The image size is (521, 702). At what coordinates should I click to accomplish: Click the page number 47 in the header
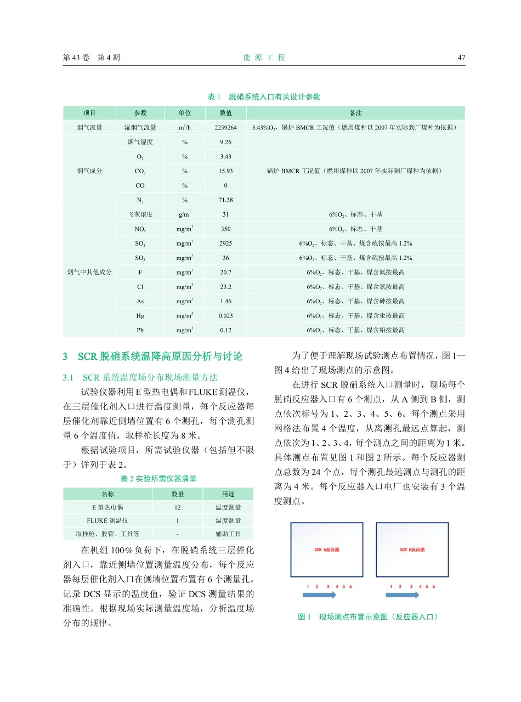pos(461,58)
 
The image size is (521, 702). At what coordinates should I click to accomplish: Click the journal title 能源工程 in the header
pos(264,58)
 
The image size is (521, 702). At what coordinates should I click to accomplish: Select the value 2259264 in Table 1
pos(225,128)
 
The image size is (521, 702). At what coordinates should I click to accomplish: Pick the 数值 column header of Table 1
pos(225,113)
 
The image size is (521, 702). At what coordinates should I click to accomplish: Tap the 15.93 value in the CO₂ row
pos(225,171)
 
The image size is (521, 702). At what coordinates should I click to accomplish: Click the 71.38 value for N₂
pos(225,200)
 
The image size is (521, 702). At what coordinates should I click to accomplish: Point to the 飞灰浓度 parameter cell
pos(140,214)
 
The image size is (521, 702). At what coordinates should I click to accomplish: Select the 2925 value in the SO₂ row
pos(225,243)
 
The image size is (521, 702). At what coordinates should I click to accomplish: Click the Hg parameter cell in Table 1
pos(140,315)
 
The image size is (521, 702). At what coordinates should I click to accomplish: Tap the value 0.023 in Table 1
pos(225,315)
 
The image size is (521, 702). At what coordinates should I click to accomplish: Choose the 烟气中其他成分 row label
pos(89,272)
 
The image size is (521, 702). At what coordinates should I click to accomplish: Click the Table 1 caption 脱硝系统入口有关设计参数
pos(264,97)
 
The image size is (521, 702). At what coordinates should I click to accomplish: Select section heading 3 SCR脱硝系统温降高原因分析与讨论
pos(152,357)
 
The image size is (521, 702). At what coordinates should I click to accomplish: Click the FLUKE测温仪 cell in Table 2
pos(107,520)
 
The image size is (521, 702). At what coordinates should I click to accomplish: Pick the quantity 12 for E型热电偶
pos(178,507)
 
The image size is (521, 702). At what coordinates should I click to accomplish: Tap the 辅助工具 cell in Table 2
pos(228,534)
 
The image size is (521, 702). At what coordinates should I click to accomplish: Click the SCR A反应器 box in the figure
pos(327,550)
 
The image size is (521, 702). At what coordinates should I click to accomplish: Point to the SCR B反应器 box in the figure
pos(412,550)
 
